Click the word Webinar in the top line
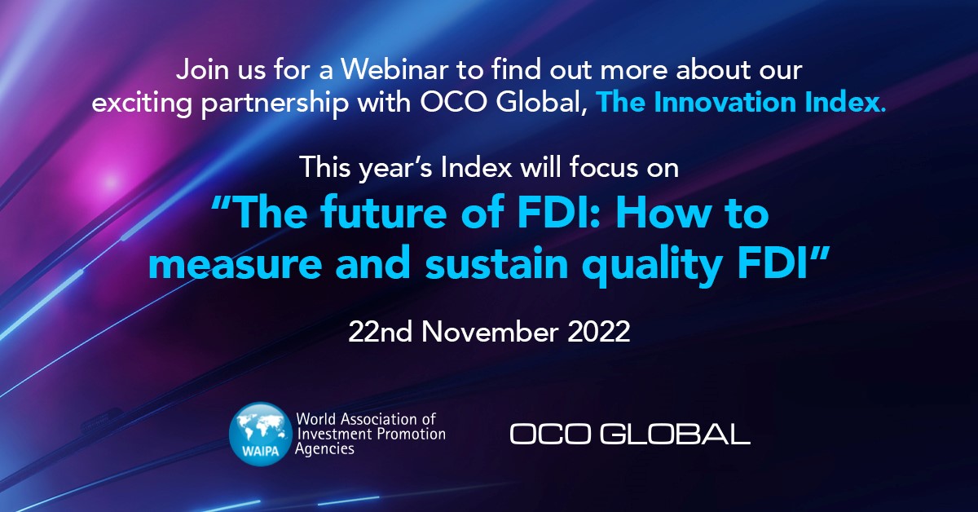click(x=394, y=69)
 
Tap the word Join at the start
click(x=203, y=69)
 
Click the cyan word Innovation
click(x=725, y=102)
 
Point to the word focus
click(x=604, y=167)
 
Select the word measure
click(x=236, y=264)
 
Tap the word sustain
click(x=497, y=263)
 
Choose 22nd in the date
click(x=381, y=332)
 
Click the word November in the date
click(x=490, y=332)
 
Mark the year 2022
click(x=598, y=332)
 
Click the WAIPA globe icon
click(x=261, y=434)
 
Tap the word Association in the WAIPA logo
click(x=373, y=419)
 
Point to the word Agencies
click(x=324, y=449)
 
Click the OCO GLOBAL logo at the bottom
click(x=630, y=434)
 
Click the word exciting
click(x=143, y=103)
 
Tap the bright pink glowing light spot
click(x=110, y=180)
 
